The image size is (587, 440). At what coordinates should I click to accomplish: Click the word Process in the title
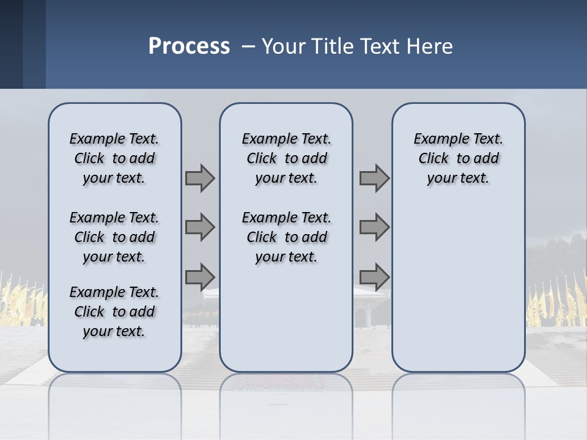pyautogui.click(x=189, y=46)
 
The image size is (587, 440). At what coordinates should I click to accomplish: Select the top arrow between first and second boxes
pyautogui.click(x=200, y=178)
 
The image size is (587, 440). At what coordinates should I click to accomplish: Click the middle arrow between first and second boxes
pyautogui.click(x=200, y=227)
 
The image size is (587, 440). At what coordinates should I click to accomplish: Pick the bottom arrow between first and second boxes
pyautogui.click(x=200, y=276)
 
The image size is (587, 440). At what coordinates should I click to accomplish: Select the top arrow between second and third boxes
pyautogui.click(x=374, y=178)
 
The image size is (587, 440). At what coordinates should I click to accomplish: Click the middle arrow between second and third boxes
pyautogui.click(x=374, y=227)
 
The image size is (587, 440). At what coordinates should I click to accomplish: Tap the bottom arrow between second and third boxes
pyautogui.click(x=374, y=276)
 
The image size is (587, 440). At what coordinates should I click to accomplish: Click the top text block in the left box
pyautogui.click(x=114, y=158)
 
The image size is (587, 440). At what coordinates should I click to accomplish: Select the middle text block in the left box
pyautogui.click(x=114, y=237)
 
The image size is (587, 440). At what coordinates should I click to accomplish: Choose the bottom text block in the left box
pyautogui.click(x=114, y=312)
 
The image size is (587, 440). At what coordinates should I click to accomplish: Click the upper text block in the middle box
pyautogui.click(x=286, y=158)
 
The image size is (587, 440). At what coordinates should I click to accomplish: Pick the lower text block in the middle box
pyautogui.click(x=286, y=237)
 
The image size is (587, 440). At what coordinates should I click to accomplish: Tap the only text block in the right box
pyautogui.click(x=458, y=158)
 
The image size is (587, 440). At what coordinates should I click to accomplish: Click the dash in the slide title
pyautogui.click(x=248, y=47)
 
